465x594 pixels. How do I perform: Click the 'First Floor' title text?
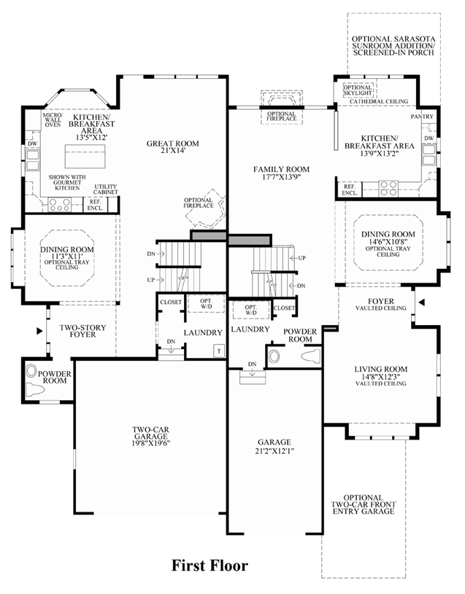[x=210, y=565]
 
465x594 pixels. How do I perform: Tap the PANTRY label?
[x=422, y=117]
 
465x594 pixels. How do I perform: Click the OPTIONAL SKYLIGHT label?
[x=358, y=90]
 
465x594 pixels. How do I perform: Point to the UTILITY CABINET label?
[x=106, y=190]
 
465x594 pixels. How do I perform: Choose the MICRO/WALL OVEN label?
[x=52, y=120]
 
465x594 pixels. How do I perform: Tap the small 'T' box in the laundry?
[x=218, y=351]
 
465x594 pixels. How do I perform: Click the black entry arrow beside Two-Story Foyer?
[x=39, y=331]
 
